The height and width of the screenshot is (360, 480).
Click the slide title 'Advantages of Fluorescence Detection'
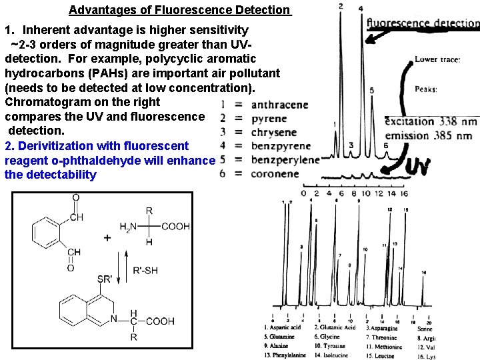[x=180, y=10]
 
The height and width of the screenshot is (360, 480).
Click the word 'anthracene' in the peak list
[x=279, y=105]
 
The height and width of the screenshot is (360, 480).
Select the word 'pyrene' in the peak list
[x=269, y=119]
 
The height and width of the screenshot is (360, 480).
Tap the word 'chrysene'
[x=274, y=133]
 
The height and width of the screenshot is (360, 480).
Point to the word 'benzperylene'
[x=285, y=160]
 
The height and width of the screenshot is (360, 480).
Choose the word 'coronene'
[x=275, y=174]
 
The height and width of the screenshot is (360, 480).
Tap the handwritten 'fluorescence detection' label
[x=423, y=23]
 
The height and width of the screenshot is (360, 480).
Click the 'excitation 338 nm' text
[x=431, y=121]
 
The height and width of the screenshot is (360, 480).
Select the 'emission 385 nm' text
[x=429, y=135]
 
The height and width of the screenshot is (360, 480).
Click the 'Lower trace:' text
[x=437, y=59]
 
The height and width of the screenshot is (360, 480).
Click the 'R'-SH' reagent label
[x=146, y=270]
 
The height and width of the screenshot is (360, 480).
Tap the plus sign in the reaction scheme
[x=107, y=238]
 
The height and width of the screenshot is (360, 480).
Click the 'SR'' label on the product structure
[x=105, y=279]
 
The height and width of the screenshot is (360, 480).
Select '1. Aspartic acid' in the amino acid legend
[x=282, y=327]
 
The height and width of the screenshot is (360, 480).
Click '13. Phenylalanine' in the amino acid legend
[x=285, y=355]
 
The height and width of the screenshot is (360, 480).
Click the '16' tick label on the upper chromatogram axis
[x=405, y=193]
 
